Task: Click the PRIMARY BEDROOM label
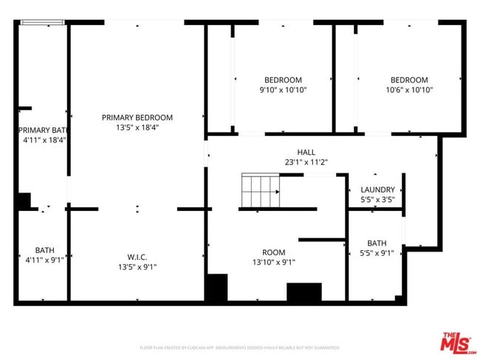[137, 117]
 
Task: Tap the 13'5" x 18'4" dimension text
[137, 127]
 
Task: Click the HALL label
[306, 153]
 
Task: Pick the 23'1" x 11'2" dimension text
[306, 162]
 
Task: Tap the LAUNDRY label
[377, 190]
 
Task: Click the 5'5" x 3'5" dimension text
[377, 199]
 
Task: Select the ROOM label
[274, 252]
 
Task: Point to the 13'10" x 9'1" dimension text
[274, 262]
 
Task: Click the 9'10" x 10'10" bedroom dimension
[283, 90]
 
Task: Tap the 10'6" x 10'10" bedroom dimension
[408, 90]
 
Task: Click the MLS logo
[457, 342]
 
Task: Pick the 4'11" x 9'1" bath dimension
[44, 260]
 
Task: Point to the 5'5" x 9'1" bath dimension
[377, 253]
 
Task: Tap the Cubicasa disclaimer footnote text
[240, 347]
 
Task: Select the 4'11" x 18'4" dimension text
[44, 139]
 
